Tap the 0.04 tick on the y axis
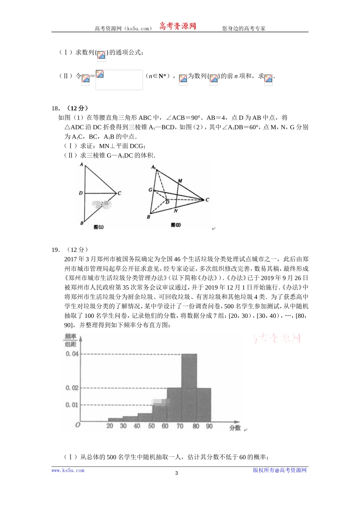72,354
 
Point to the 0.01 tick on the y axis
72,405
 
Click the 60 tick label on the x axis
165,426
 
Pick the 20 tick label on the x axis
110,426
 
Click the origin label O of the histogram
78,425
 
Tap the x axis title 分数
235,428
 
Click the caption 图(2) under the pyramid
176,225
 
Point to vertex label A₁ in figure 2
153,167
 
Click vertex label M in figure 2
180,181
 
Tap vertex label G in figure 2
150,190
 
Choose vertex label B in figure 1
81,223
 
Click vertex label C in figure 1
119,193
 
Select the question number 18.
55,108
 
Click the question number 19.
55,250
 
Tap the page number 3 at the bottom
176,473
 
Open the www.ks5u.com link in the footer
68,470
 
